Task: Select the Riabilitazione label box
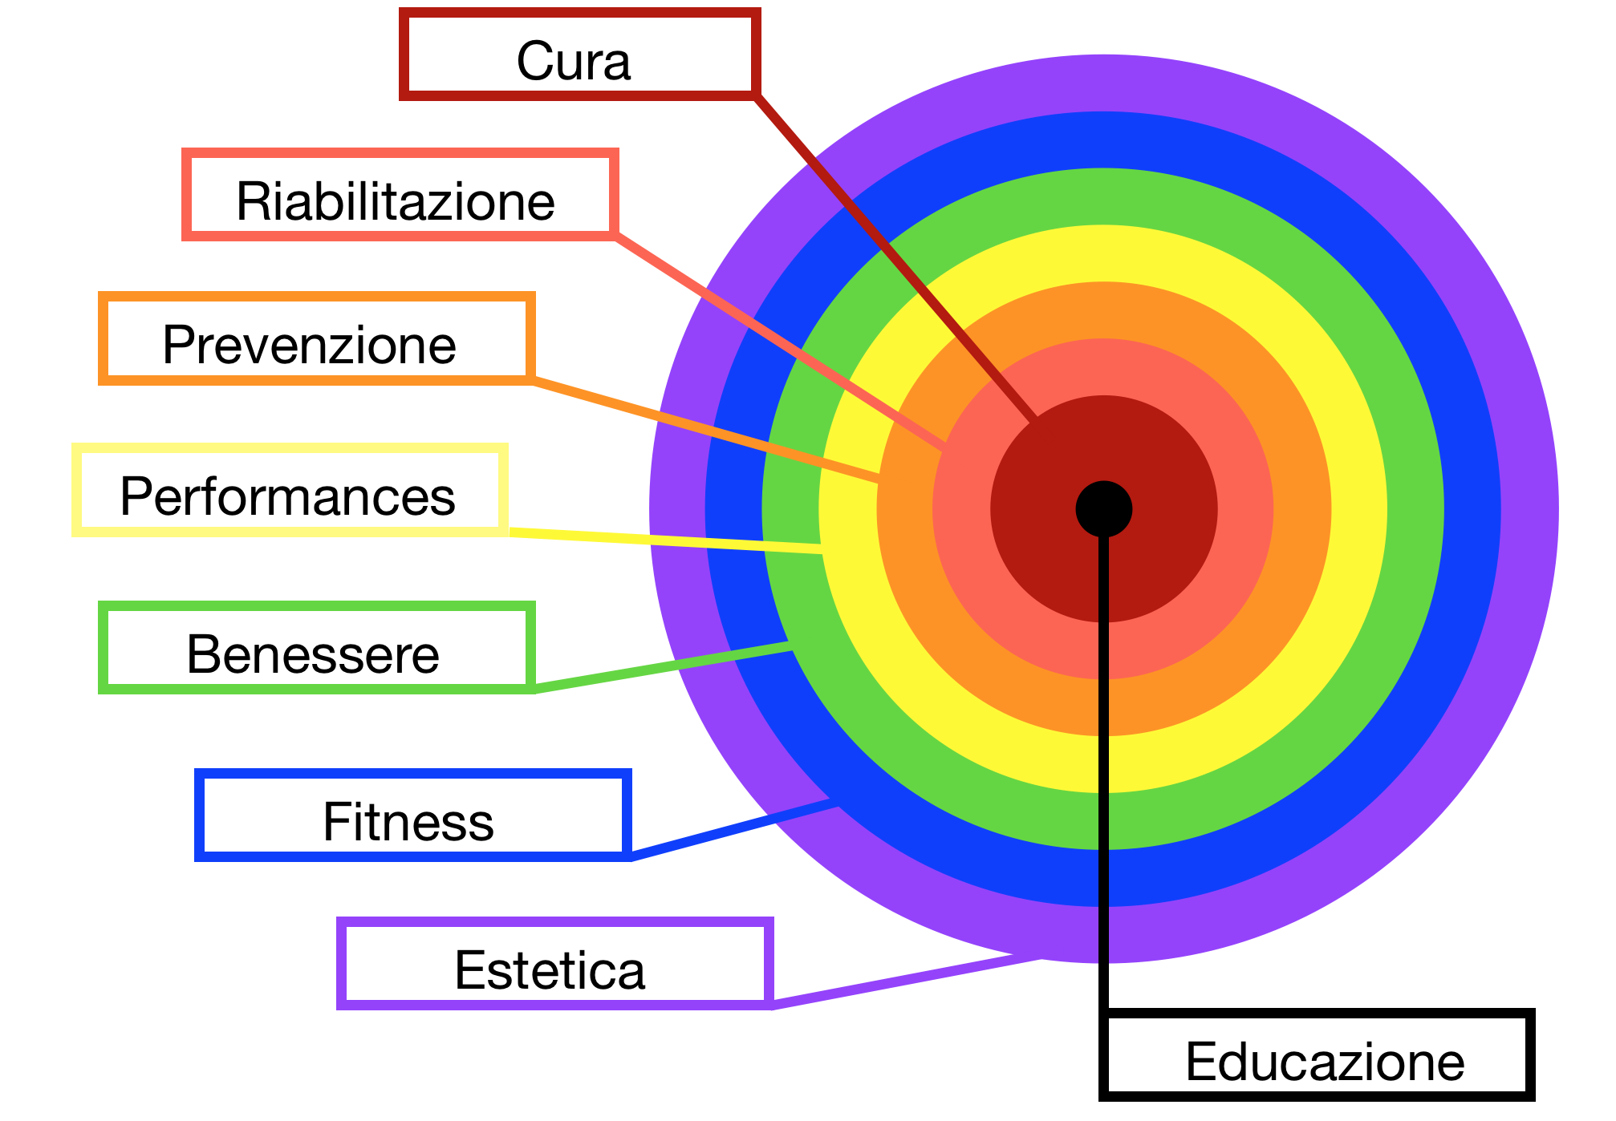400,195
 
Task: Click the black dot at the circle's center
1103,509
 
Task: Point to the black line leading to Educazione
1104,802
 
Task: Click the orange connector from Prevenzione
706,429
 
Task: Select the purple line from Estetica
907,981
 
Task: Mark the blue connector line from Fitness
730,830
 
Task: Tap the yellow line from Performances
666,540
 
